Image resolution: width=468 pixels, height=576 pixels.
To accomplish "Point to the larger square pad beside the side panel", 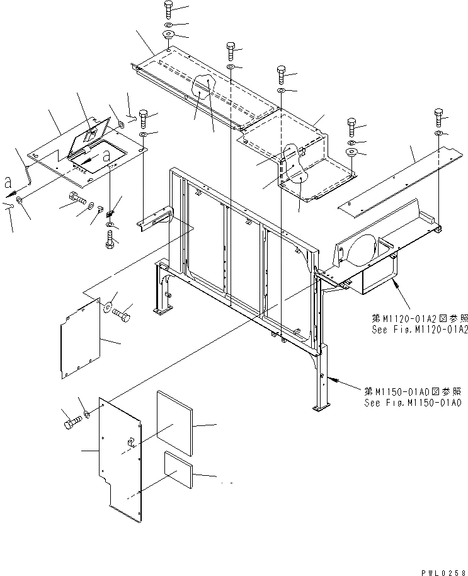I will click(173, 422).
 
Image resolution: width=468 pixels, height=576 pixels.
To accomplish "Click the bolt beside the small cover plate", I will click(123, 312).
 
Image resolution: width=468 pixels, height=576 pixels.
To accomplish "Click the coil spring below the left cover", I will click(111, 214).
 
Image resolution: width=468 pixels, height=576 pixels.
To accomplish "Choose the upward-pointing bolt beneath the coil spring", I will click(111, 238).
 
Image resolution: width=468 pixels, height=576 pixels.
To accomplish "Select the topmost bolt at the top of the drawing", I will click(169, 9).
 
